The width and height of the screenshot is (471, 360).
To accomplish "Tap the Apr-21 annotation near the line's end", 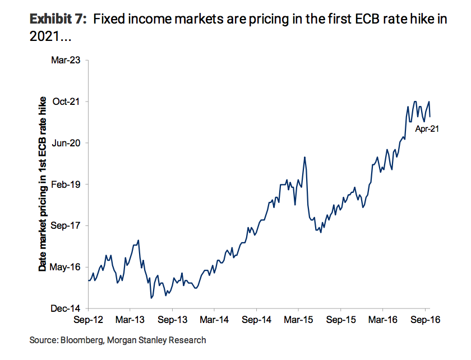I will tap(427, 130).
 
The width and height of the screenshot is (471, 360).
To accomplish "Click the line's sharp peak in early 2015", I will tap(304, 157).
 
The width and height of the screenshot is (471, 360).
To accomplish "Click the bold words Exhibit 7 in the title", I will tap(57, 19).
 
